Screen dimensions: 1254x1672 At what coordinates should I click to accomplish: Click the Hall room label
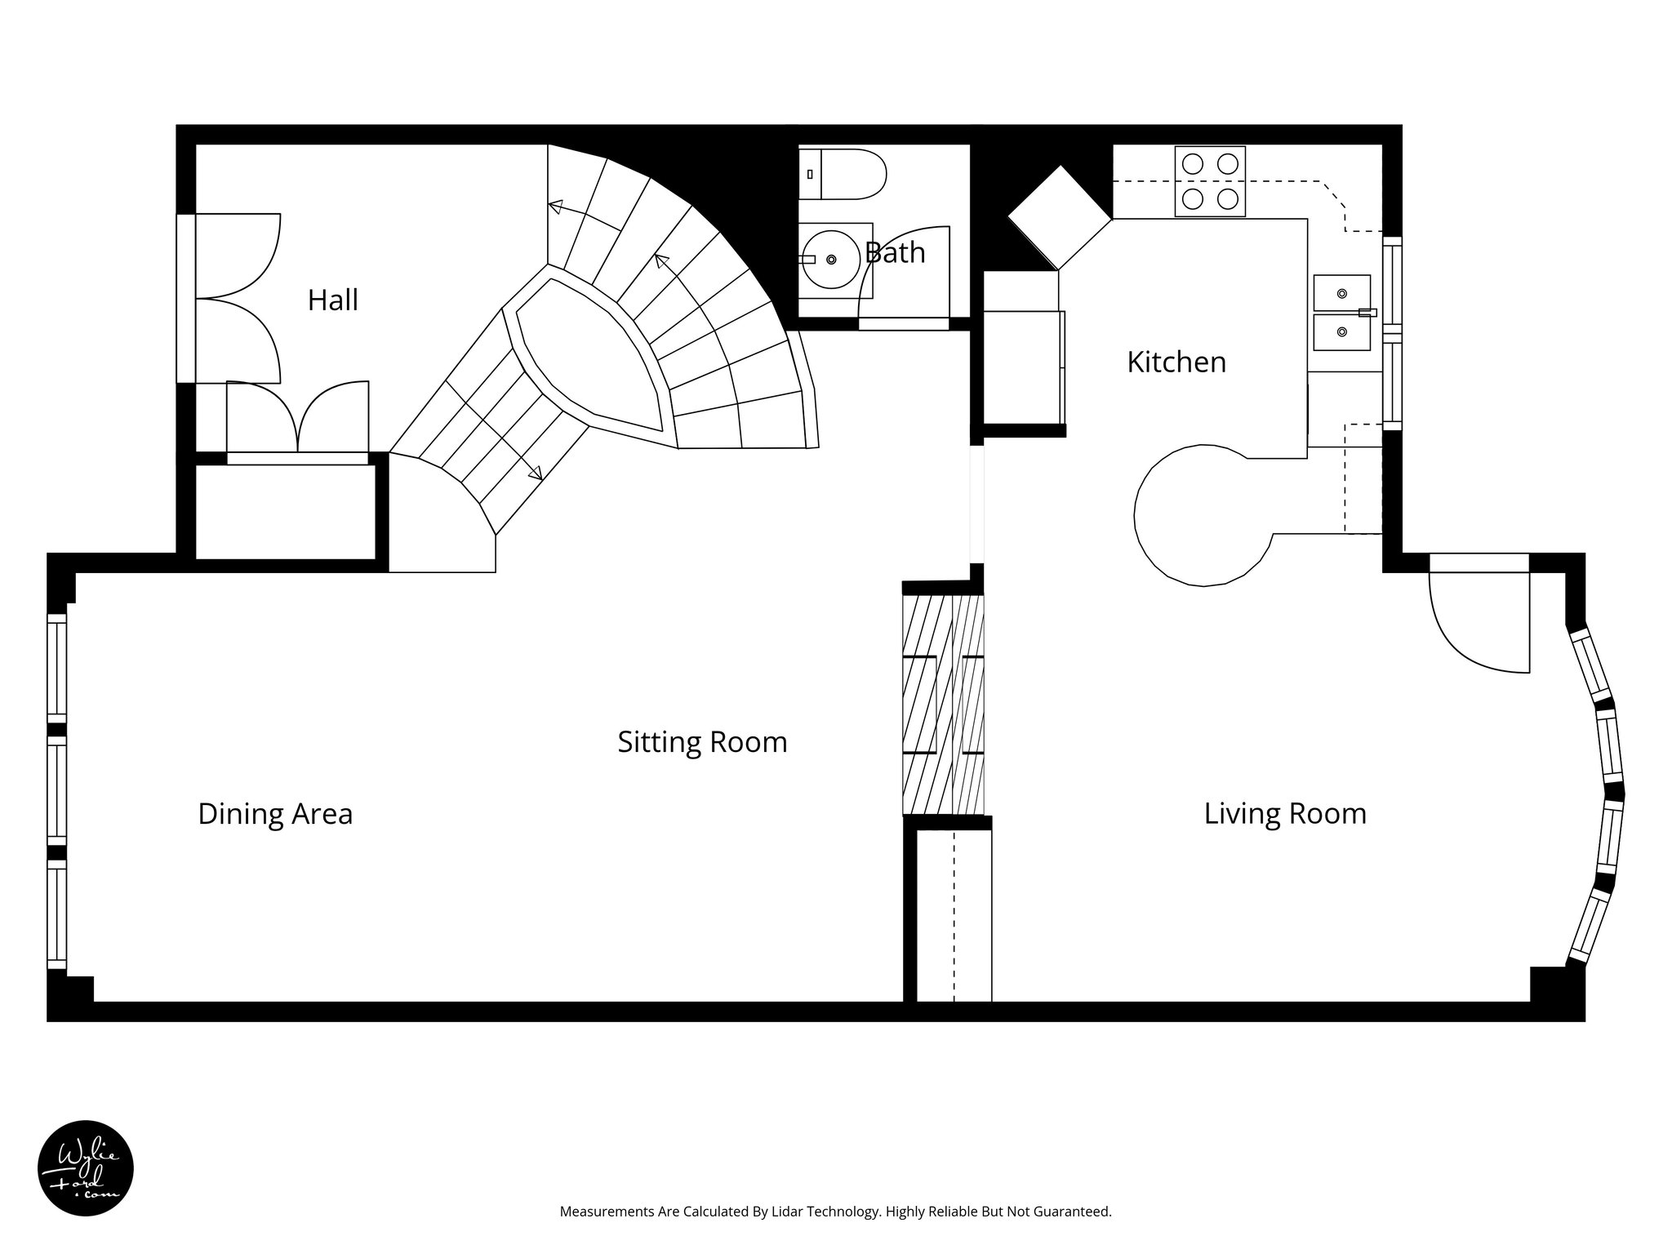pos(332,300)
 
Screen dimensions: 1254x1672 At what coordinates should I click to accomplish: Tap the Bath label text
pos(895,253)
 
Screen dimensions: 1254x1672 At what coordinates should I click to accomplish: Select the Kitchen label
pos(1176,362)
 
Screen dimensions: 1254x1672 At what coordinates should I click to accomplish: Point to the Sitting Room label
pos(702,742)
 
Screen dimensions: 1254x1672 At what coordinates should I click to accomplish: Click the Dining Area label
pos(275,814)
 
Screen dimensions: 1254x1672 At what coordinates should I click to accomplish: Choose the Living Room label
pos(1285,814)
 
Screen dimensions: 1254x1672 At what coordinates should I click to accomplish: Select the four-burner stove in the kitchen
pos(1210,181)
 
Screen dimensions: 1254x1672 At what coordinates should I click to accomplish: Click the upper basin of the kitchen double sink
pos(1341,292)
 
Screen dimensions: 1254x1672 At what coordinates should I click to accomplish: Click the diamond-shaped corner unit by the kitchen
pos(1060,217)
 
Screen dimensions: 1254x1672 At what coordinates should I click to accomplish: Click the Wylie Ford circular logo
pos(86,1168)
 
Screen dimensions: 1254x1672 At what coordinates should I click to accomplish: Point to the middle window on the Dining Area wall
pos(56,789)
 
